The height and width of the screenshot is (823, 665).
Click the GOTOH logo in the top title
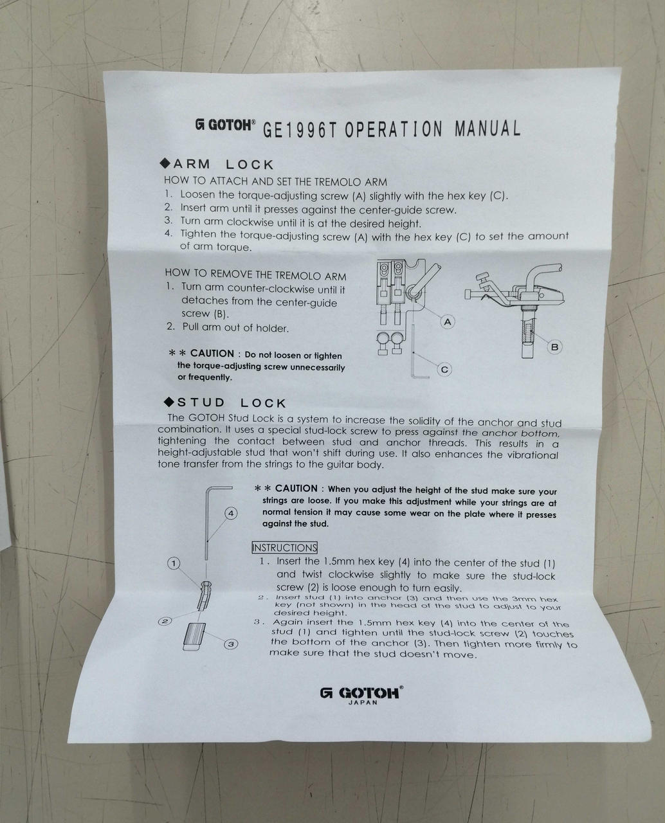(225, 125)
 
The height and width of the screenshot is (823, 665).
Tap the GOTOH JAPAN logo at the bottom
(361, 695)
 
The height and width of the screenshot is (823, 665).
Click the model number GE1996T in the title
(300, 130)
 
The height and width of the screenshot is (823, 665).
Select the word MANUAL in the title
(487, 129)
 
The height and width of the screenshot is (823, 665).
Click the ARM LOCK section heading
(217, 164)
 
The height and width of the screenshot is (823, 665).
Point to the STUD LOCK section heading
(225, 402)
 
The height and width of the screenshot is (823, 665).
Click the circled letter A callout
(448, 321)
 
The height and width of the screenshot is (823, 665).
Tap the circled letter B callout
(554, 347)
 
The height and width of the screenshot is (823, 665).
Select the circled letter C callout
(444, 370)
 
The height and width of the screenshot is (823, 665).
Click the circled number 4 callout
(231, 514)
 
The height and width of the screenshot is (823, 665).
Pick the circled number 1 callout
(174, 564)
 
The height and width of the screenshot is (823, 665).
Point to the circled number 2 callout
(165, 621)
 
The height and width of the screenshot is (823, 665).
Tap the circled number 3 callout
(231, 644)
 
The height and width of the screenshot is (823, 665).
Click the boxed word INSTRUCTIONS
(284, 548)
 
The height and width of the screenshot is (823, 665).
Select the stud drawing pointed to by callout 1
(203, 595)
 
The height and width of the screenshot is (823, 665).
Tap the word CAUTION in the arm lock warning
(212, 354)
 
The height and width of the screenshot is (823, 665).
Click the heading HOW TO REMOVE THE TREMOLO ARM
(255, 275)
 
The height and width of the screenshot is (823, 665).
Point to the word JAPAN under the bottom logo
(363, 702)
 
